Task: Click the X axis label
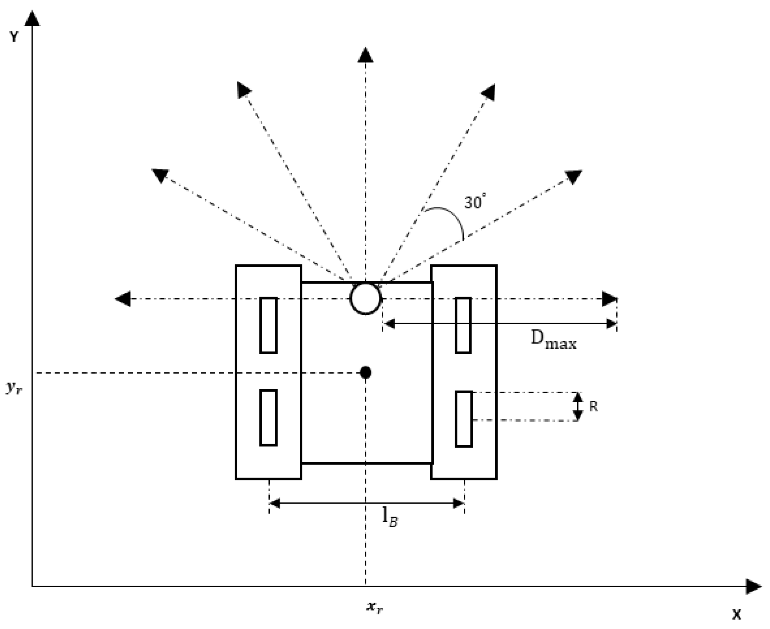(737, 614)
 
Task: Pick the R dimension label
(593, 407)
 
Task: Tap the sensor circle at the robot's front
(365, 299)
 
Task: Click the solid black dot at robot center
(365, 372)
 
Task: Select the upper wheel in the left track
(268, 325)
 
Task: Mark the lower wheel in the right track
(464, 419)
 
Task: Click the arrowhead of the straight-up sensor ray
(365, 55)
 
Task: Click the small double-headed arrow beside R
(578, 407)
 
